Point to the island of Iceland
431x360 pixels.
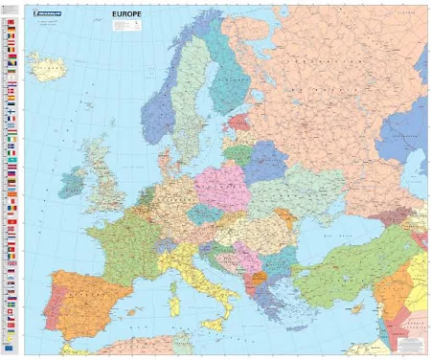tap(46, 66)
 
